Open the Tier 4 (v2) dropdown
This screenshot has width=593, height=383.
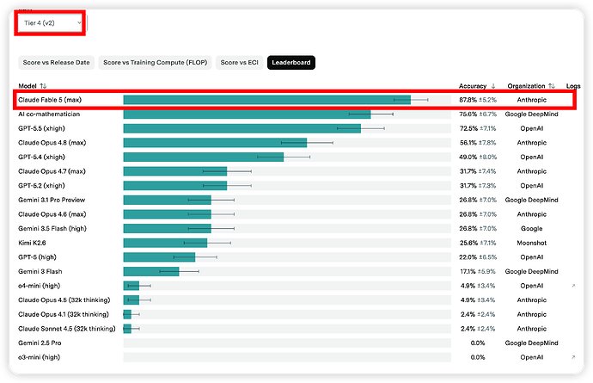click(x=50, y=23)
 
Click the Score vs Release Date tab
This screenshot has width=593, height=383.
click(x=57, y=63)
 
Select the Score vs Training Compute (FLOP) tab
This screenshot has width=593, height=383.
click(x=155, y=63)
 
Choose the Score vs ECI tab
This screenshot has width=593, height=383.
click(x=240, y=63)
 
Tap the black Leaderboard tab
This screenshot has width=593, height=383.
click(x=291, y=63)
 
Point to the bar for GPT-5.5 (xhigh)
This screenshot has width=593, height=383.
click(x=242, y=128)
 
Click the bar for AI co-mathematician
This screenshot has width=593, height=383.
click(x=247, y=114)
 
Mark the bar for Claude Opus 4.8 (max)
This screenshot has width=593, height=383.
click(x=215, y=143)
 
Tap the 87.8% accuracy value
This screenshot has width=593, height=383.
click(x=468, y=100)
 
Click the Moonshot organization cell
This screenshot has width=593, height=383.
click(x=532, y=243)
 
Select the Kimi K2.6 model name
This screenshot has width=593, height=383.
click(x=32, y=243)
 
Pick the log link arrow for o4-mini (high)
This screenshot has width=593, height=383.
click(x=573, y=286)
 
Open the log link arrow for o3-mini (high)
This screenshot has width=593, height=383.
click(x=573, y=357)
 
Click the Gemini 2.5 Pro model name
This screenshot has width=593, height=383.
click(x=40, y=343)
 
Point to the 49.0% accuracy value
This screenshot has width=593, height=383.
click(x=468, y=158)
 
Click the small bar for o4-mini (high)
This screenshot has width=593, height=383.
click(x=131, y=286)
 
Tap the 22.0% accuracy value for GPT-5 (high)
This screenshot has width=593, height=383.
click(x=468, y=257)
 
